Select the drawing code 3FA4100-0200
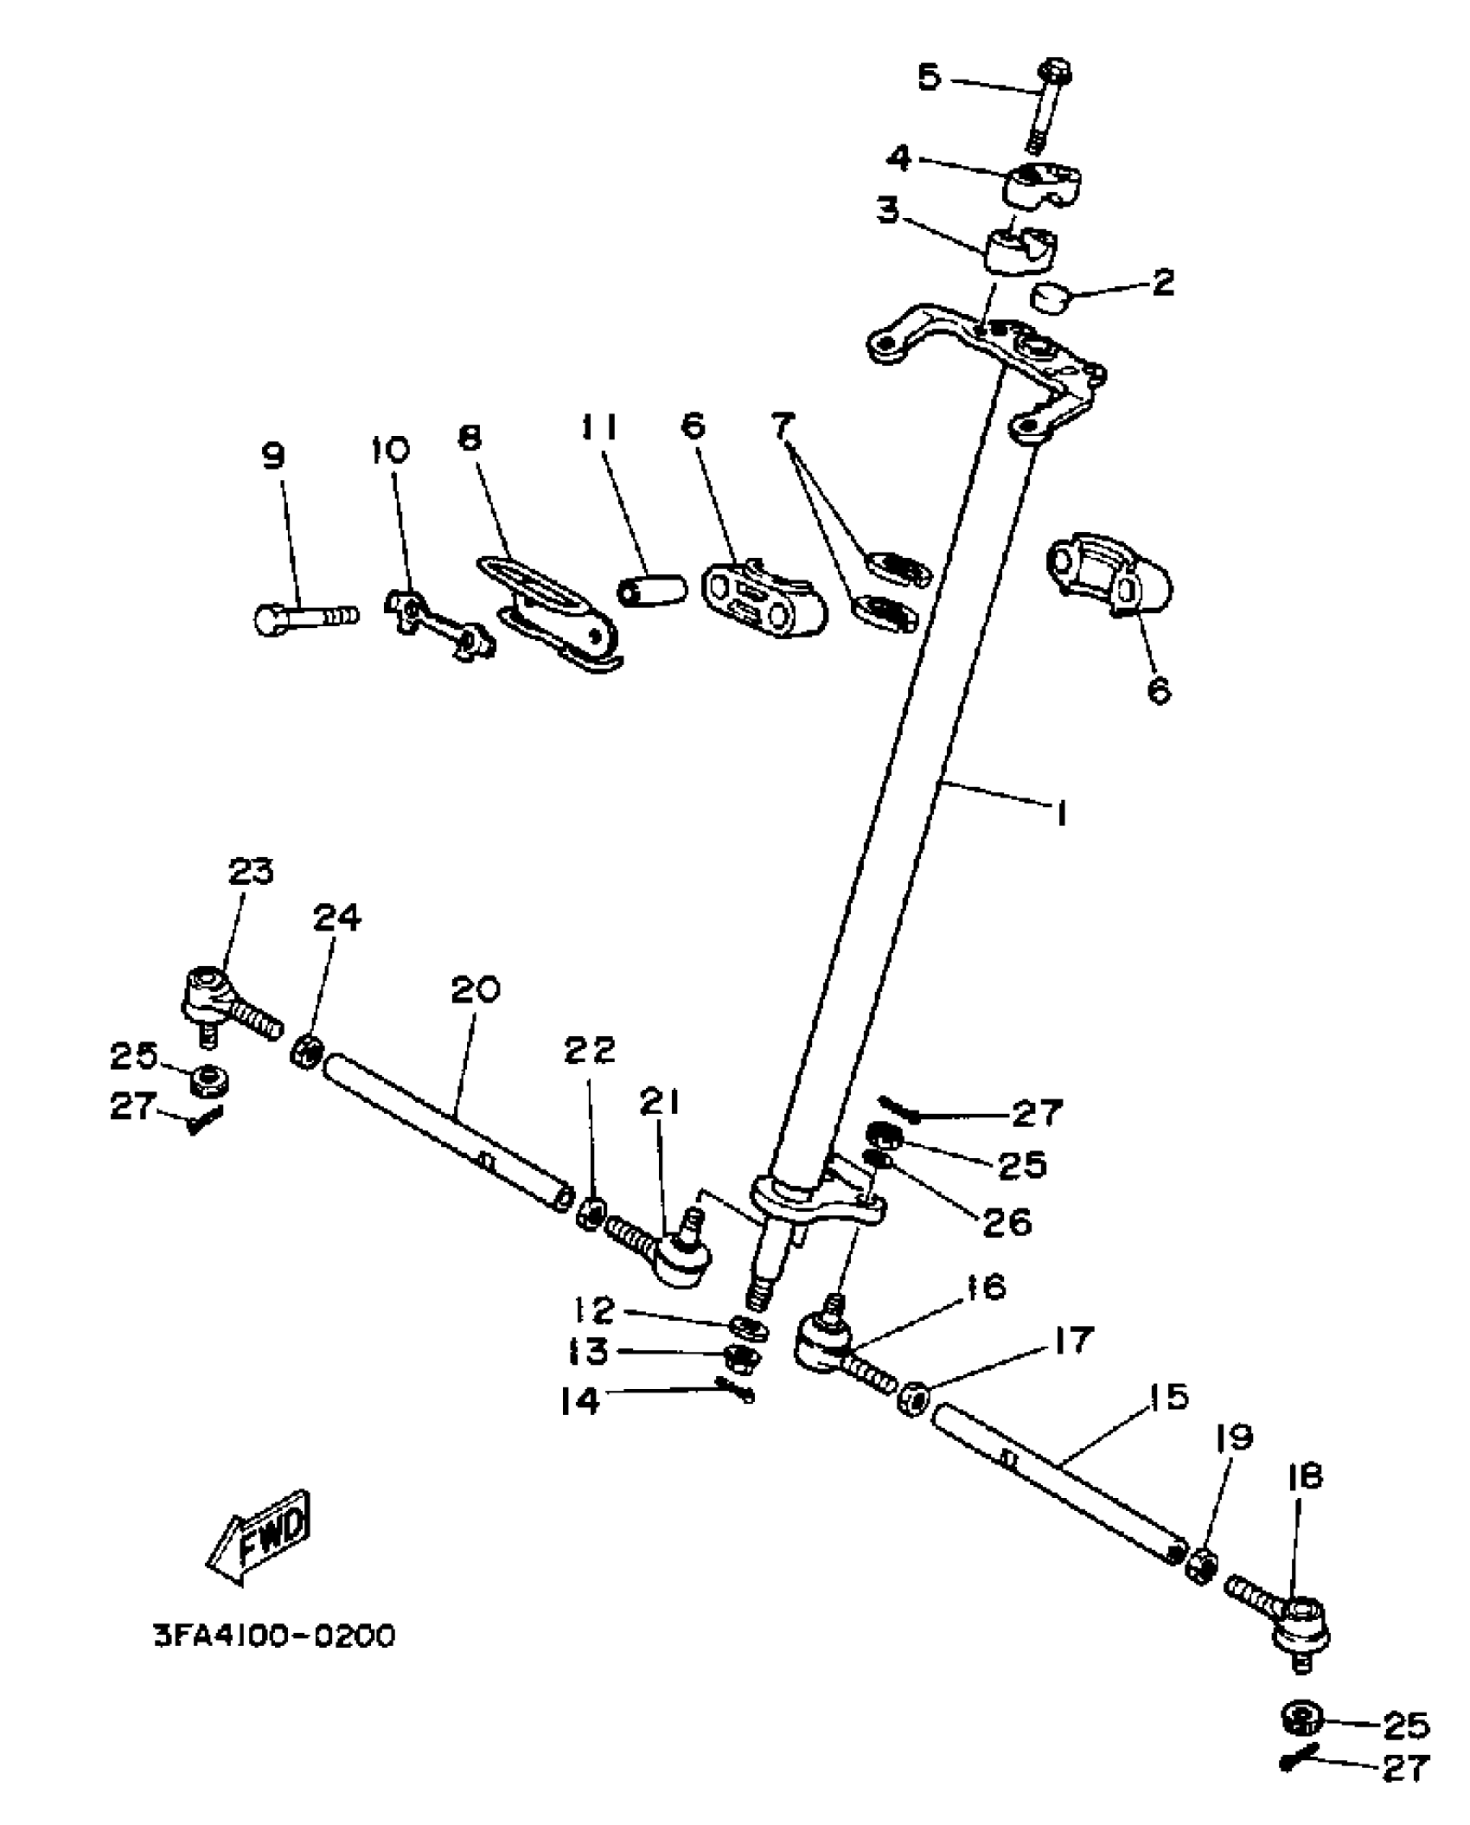[x=274, y=1636]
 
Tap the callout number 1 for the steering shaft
[x=1060, y=813]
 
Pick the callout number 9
[x=273, y=456]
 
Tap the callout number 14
[x=580, y=1401]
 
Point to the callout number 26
[x=1007, y=1222]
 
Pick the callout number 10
[x=391, y=450]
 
